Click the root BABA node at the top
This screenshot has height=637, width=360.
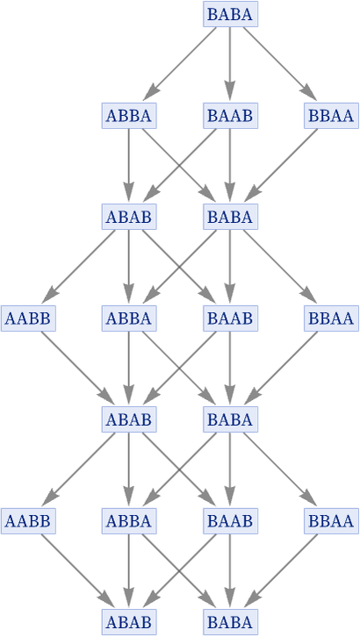pos(230,14)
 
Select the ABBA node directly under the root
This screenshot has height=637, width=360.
pos(129,116)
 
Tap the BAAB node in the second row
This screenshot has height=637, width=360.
pos(230,116)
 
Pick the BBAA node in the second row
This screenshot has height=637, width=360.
pos(332,116)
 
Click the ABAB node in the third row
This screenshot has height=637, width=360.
pos(129,217)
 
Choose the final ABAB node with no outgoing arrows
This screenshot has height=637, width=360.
pos(129,622)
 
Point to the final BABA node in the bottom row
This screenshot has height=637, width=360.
pos(230,622)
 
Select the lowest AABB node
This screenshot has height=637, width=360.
pos(28,521)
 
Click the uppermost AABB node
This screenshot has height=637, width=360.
pos(28,318)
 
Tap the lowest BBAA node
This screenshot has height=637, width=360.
pos(332,521)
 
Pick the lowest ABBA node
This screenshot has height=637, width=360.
pos(129,521)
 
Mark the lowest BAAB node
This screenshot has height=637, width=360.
pos(230,521)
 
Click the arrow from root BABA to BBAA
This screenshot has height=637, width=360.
pos(280,64)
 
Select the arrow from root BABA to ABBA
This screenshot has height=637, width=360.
pos(180,64)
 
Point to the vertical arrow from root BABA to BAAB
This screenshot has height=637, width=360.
pos(230,64)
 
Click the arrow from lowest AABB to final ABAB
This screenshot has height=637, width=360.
pos(78,571)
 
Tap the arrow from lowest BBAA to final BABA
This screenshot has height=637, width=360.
pos(281,571)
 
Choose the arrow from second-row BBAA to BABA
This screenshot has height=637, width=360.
pos(281,166)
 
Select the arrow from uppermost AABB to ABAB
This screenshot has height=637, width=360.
pos(78,368)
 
